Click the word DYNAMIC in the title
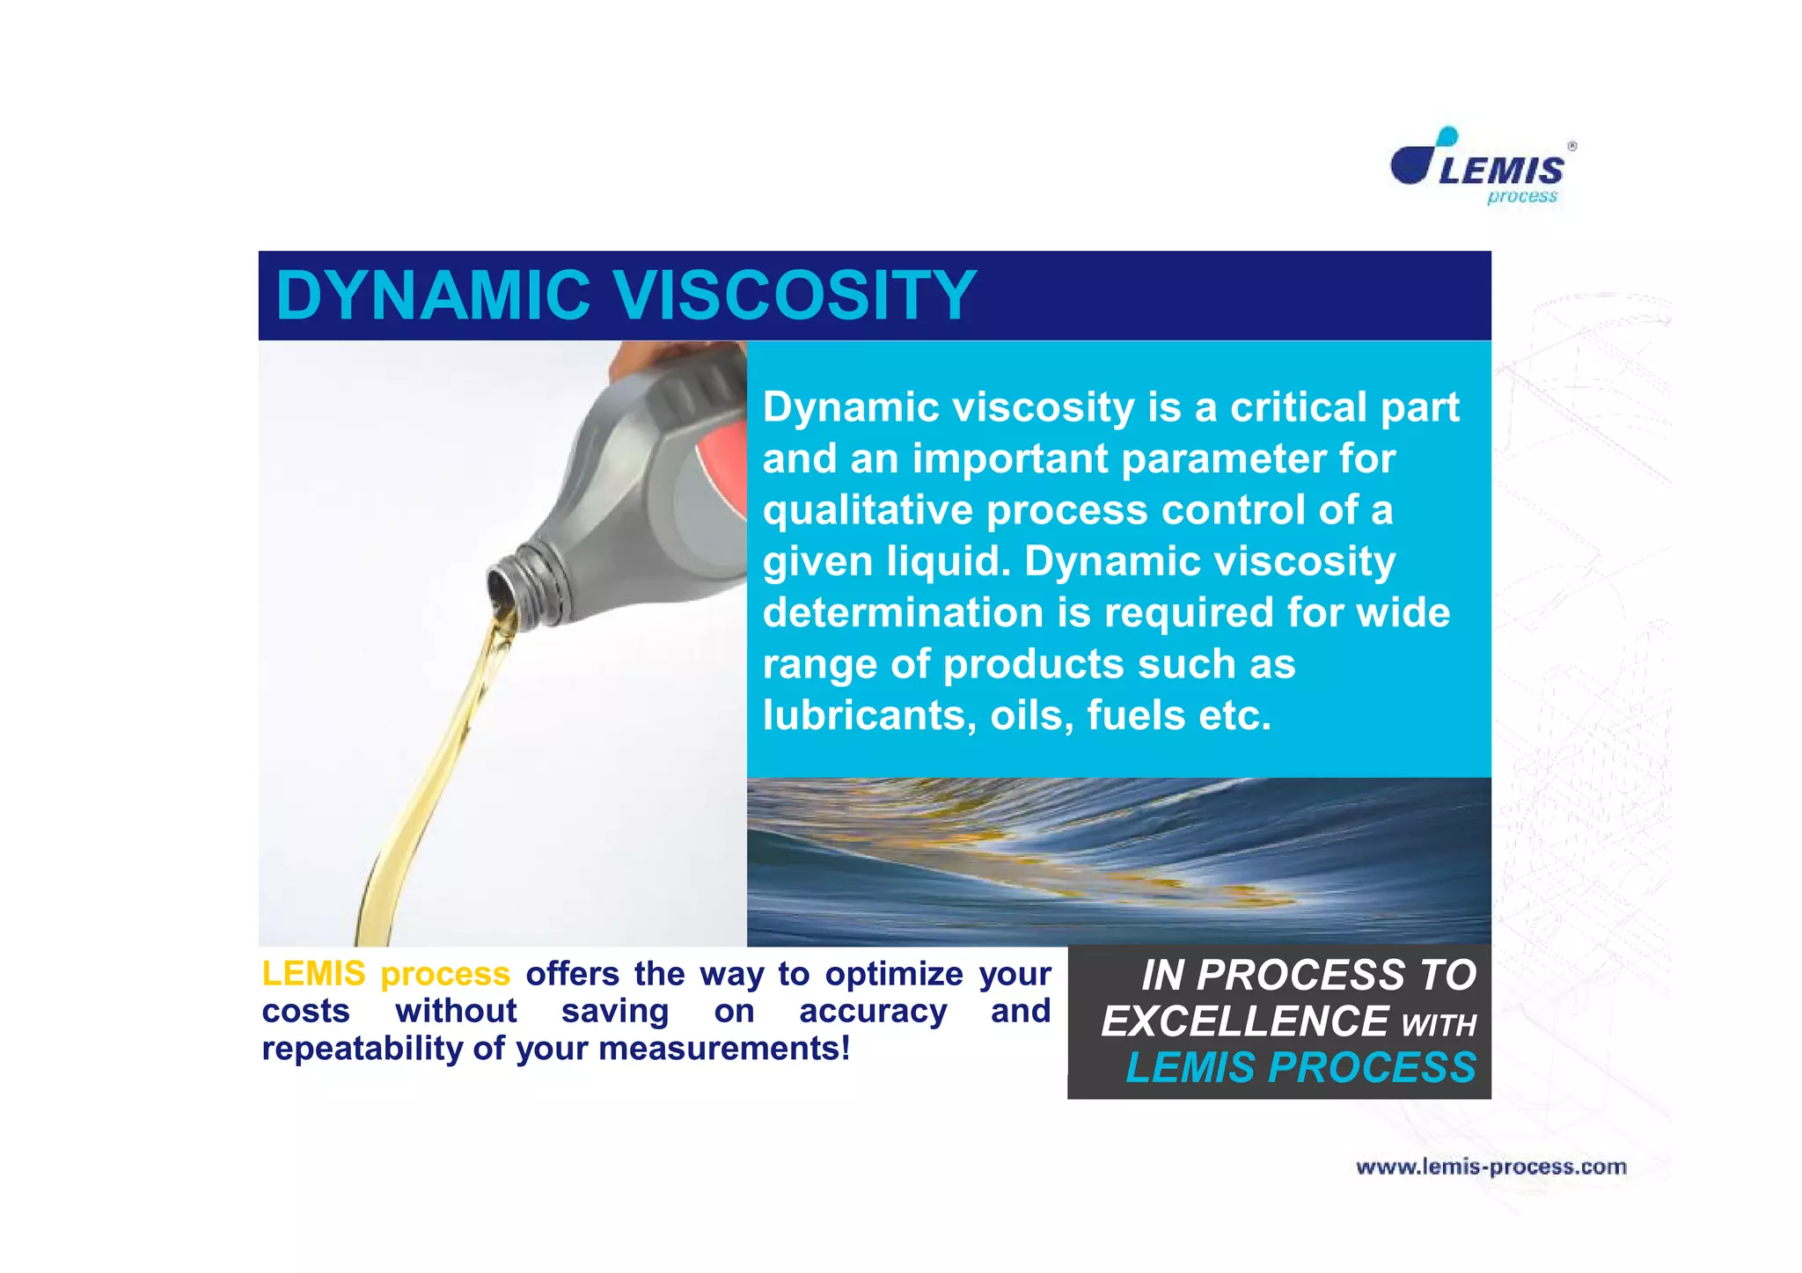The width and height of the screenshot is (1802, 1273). [433, 296]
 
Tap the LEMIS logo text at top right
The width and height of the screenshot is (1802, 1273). [1501, 170]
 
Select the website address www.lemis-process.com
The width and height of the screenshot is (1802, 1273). [1491, 1167]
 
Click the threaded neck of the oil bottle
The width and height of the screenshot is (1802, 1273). [526, 582]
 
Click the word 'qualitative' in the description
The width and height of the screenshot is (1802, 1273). [867, 510]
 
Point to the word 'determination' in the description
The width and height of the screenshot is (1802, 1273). [902, 612]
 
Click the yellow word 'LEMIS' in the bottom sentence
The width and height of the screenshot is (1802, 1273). [313, 974]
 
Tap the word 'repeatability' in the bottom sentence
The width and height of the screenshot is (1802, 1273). [362, 1049]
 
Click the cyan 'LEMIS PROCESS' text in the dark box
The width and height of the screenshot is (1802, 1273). [1300, 1068]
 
